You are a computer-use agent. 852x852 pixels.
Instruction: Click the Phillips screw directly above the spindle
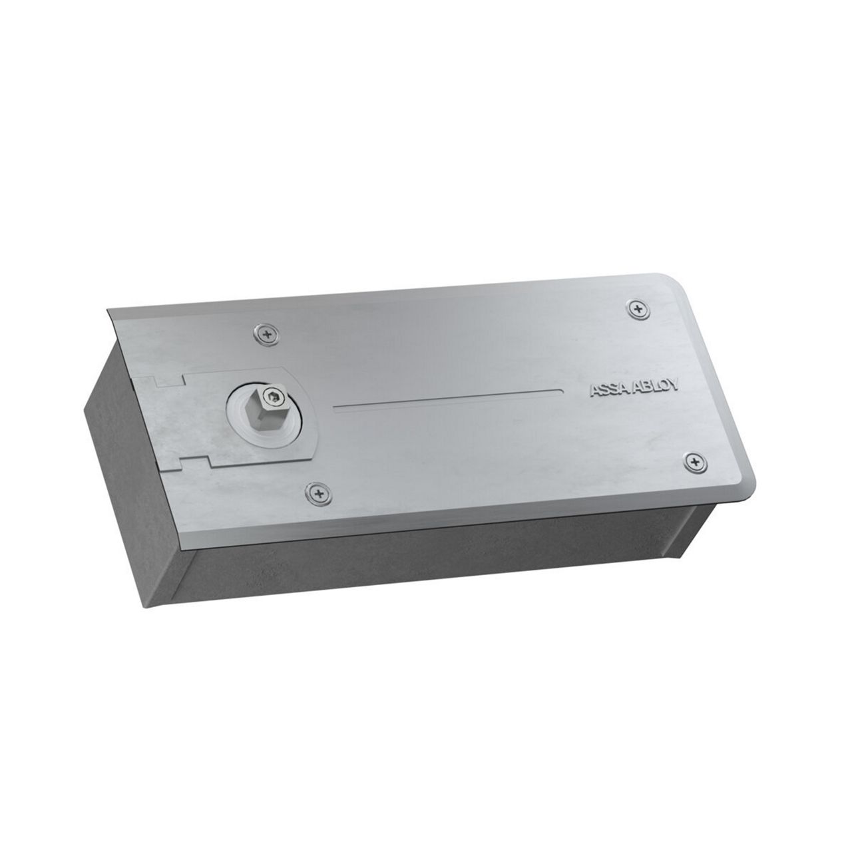(267, 334)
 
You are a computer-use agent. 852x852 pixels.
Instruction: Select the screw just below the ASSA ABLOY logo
(696, 461)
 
